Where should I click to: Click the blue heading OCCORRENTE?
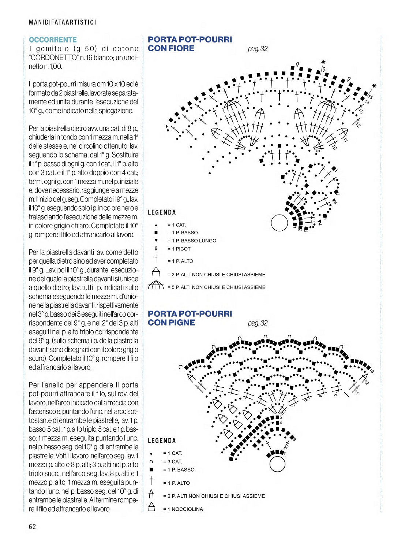click(53, 40)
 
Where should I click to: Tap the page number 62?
click(33, 527)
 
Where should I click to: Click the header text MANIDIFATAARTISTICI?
click(63, 22)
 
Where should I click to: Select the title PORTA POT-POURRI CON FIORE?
click(190, 44)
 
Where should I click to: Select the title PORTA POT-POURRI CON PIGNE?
click(190, 318)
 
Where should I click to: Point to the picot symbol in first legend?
click(156, 249)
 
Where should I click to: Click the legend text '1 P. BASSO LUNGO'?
click(194, 241)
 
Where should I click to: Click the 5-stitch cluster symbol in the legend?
click(156, 285)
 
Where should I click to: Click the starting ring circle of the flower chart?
click(280, 223)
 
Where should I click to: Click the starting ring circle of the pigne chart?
click(277, 464)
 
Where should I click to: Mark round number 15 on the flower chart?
click(371, 97)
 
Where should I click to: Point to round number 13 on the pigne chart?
click(372, 371)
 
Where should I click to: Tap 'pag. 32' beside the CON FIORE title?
click(258, 49)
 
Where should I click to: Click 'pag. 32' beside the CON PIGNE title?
click(258, 323)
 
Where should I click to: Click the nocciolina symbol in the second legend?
click(151, 507)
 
